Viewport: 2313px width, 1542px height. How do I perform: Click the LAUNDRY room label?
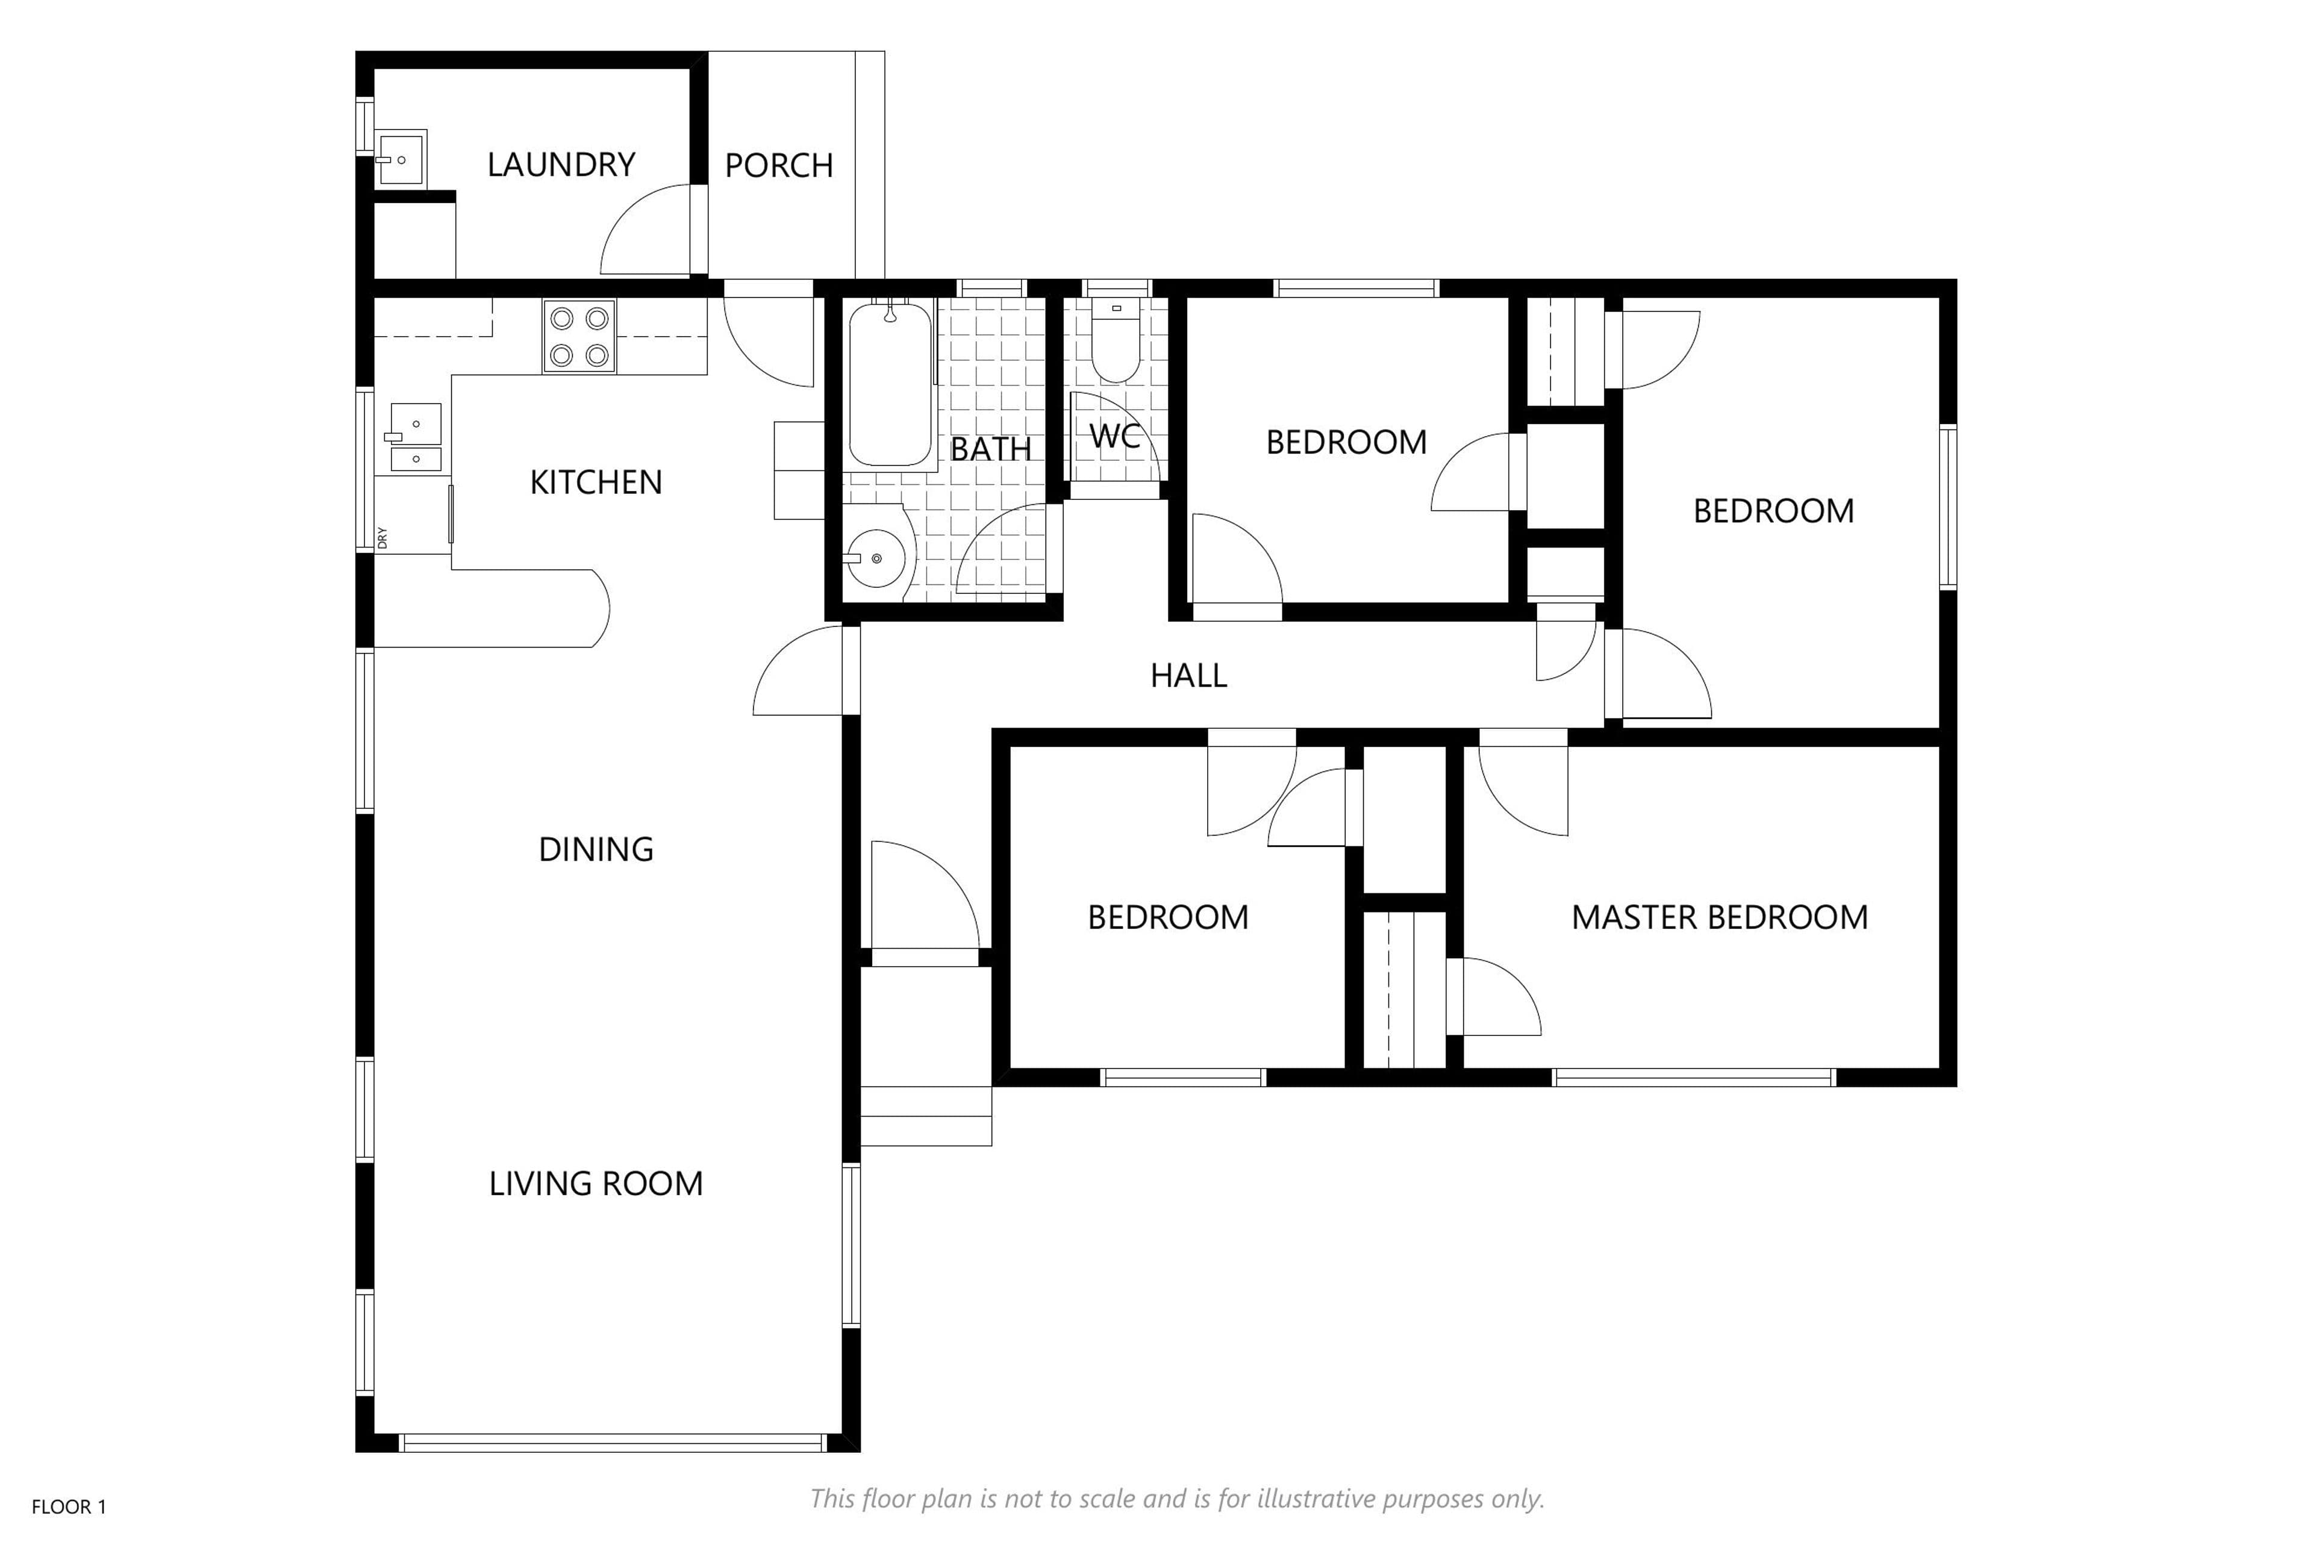coord(561,164)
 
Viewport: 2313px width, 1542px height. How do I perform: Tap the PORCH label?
coord(779,165)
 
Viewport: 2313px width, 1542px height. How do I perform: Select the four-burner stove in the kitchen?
coord(579,336)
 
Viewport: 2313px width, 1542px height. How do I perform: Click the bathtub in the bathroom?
coord(890,384)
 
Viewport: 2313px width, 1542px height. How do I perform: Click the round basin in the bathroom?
coord(875,558)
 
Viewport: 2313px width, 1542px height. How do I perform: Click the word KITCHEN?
coord(596,482)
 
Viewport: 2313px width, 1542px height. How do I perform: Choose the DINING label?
coord(596,849)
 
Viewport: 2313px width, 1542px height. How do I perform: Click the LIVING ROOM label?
coord(596,1183)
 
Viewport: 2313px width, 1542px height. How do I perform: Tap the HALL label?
coord(1189,676)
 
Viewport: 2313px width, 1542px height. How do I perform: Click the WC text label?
coord(1115,435)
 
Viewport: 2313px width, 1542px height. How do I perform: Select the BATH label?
coord(990,449)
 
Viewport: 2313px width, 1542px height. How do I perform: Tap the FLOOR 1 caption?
coord(69,1506)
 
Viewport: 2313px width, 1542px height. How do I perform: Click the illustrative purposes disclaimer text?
coord(1177,1499)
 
